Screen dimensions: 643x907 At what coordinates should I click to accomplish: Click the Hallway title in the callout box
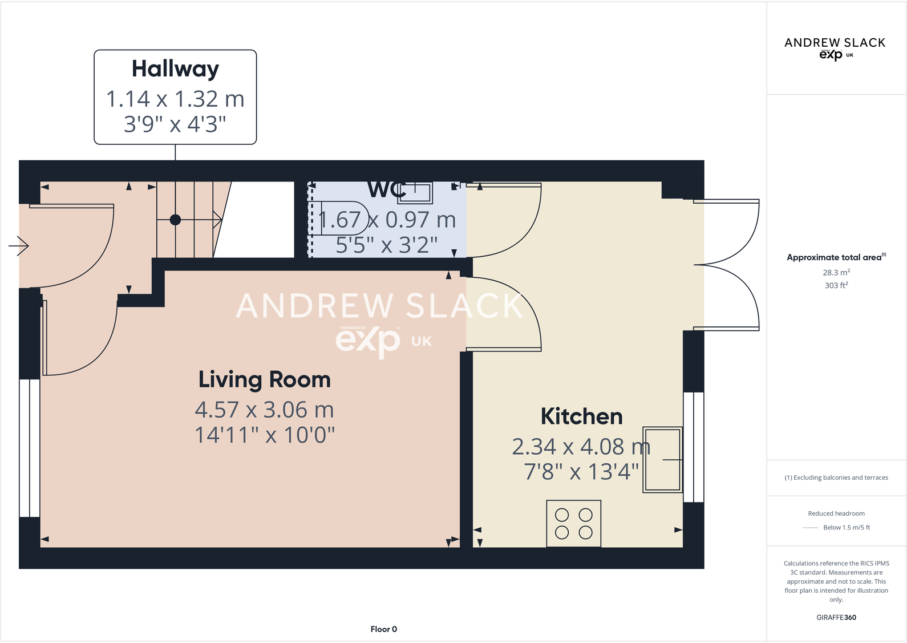[175, 69]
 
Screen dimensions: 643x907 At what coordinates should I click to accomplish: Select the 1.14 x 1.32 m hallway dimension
[175, 99]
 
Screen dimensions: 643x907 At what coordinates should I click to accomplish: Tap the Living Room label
[264, 380]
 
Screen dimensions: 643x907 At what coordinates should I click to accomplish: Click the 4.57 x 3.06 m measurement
[264, 410]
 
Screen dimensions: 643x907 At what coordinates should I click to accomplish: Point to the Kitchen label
[581, 416]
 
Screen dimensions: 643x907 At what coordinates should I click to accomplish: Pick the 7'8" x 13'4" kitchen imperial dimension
[581, 472]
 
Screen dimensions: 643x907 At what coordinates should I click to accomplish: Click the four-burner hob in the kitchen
[573, 524]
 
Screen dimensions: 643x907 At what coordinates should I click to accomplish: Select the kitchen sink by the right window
[662, 459]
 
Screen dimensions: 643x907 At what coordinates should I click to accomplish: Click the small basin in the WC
[415, 193]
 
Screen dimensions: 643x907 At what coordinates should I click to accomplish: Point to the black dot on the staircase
[175, 220]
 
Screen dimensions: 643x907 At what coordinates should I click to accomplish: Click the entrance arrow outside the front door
[19, 246]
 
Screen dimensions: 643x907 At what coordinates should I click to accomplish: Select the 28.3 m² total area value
[836, 273]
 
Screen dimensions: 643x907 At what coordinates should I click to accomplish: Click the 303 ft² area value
[836, 285]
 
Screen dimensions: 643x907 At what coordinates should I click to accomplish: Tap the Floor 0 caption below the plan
[383, 629]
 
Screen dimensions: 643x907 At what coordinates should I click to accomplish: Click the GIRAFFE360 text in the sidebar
[836, 617]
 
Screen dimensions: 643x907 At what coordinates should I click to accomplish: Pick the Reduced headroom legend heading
[836, 513]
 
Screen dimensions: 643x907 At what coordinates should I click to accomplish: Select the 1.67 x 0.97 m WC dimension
[387, 220]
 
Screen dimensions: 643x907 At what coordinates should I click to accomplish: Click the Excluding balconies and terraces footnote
[836, 478]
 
